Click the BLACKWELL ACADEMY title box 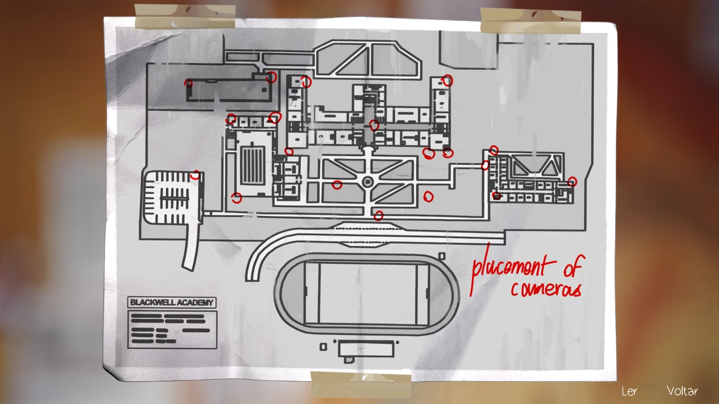[172, 302]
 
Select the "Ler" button [629, 391]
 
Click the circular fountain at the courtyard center [367, 181]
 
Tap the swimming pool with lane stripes [251, 165]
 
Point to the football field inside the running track [367, 294]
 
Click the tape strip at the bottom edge [361, 383]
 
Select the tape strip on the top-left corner [185, 16]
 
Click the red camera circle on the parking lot [195, 175]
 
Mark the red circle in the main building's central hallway [374, 125]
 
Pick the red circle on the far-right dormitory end [572, 181]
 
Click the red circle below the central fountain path [378, 215]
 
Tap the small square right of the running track [442, 256]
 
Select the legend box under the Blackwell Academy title [172, 329]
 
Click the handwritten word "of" [572, 267]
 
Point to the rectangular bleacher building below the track [365, 348]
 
